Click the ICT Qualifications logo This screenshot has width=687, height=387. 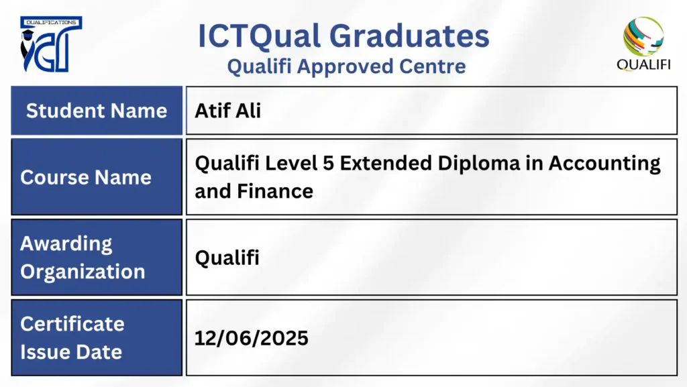pos(51,44)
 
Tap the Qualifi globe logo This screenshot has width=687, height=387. pos(643,36)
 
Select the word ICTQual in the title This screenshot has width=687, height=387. pos(259,36)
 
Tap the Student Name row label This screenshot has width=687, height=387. pos(97,110)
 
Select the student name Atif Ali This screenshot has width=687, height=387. pos(228,110)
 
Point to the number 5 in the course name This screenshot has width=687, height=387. pos(328,163)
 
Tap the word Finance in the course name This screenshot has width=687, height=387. pos(275,191)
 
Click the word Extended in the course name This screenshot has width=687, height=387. pos(386,163)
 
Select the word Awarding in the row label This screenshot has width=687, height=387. pos(66,244)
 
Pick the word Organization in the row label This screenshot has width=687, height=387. pos(83,272)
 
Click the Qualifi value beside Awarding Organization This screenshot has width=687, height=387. pos(227,258)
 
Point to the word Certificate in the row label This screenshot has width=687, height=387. pos(72,324)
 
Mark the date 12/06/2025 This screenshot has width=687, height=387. pos(252,338)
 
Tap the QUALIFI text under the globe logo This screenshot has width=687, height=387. pos(643,65)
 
